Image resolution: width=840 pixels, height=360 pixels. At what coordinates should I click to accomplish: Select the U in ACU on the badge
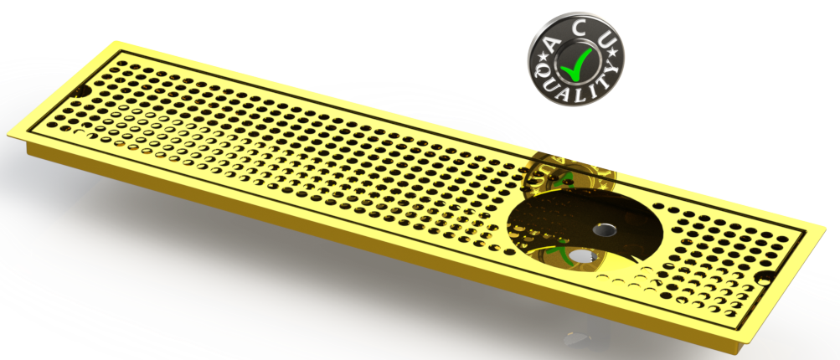click(x=606, y=39)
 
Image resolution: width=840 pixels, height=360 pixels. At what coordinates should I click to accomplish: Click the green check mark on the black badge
click(x=576, y=61)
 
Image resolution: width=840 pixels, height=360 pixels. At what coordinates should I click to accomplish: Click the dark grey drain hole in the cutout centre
click(x=601, y=229)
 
